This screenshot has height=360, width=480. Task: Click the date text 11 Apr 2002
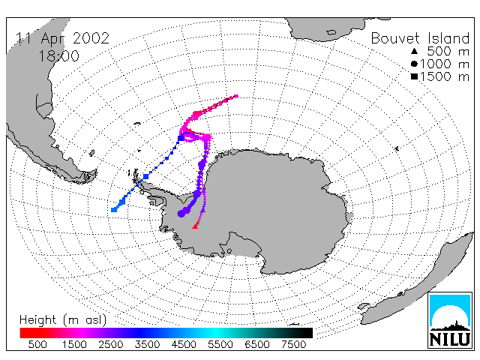[62, 38]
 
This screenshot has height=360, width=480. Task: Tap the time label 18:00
[58, 56]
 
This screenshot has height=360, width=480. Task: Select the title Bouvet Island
[420, 38]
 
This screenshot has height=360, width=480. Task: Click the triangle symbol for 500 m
[414, 51]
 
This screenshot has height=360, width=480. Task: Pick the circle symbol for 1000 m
[414, 64]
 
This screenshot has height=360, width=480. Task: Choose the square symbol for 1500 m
[414, 76]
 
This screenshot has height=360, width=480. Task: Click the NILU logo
[450, 320]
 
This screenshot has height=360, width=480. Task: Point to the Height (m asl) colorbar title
[63, 320]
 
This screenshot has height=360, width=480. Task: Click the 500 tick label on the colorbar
[37, 345]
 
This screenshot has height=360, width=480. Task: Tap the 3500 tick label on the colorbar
[147, 345]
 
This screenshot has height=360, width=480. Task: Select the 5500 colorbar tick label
[220, 345]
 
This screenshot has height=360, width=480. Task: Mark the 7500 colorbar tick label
[293, 345]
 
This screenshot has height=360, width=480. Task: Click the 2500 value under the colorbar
[110, 345]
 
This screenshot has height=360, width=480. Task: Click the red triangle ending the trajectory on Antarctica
[195, 226]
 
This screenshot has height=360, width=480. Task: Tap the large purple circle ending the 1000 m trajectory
[181, 213]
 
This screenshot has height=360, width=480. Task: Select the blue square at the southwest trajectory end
[114, 210]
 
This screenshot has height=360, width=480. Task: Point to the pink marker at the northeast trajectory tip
[236, 96]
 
